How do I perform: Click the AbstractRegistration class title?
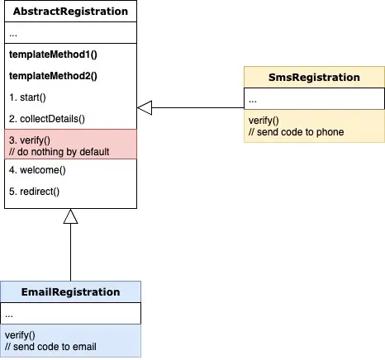coord(70,12)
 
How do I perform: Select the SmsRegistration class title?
coord(314,78)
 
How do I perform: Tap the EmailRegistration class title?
coord(70,292)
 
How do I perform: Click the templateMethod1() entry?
coord(53,54)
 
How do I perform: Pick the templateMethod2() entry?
coord(53,76)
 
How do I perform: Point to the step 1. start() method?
coord(27,97)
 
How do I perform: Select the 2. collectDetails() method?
coord(47,119)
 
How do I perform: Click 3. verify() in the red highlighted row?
coord(30,140)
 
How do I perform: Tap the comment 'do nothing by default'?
coord(59,152)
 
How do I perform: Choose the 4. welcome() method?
coord(37,170)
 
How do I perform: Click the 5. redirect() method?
coord(34,192)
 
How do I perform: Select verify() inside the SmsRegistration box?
coord(264,121)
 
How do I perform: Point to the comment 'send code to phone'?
coord(296,132)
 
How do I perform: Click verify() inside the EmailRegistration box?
coord(20,335)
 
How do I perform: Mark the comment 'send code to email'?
coord(50,347)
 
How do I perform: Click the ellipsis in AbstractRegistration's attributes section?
coord(13,35)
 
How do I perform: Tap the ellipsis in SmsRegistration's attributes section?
coord(253,101)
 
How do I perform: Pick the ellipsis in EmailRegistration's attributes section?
coord(9,315)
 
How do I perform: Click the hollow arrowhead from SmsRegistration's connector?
coord(145,107)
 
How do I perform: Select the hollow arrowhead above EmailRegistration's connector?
coord(70,216)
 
